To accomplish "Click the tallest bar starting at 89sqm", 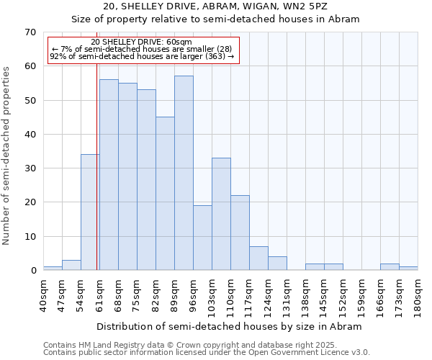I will click(x=184, y=173).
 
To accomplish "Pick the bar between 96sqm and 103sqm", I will click(x=202, y=238).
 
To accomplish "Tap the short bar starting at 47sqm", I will click(x=71, y=265).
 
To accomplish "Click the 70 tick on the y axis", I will click(x=30, y=32).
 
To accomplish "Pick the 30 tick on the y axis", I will click(x=30, y=168).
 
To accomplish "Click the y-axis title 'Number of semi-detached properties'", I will click(x=7, y=156).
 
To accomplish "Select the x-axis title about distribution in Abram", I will click(x=229, y=326).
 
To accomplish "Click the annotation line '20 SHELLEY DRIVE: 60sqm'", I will click(x=142, y=42).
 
